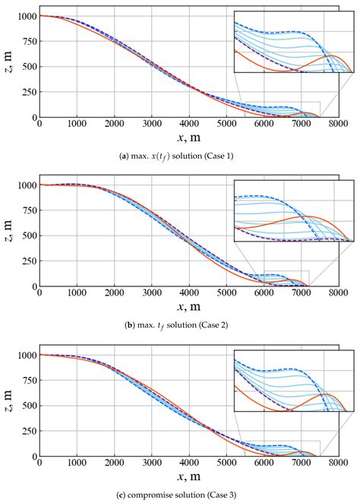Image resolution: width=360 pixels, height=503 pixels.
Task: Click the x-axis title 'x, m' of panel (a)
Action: point(189,138)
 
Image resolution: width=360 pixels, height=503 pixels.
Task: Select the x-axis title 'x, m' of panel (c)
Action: point(189,478)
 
